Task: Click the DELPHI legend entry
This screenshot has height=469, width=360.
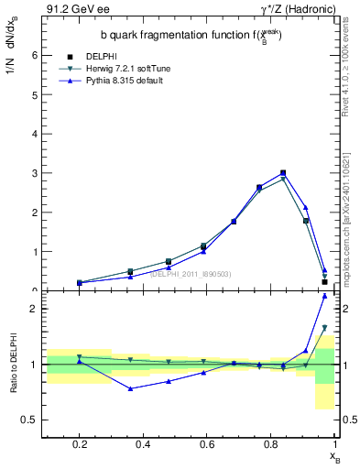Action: pyautogui.click(x=98, y=58)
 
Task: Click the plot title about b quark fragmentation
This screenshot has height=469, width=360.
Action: pyautogui.click(x=191, y=34)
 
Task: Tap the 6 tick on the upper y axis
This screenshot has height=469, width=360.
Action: pyautogui.click(x=34, y=55)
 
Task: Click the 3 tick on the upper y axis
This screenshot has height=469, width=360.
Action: pyautogui.click(x=34, y=173)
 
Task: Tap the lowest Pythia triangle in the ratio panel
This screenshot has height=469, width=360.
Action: pyautogui.click(x=131, y=388)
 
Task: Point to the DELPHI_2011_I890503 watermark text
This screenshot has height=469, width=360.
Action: pyautogui.click(x=191, y=274)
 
